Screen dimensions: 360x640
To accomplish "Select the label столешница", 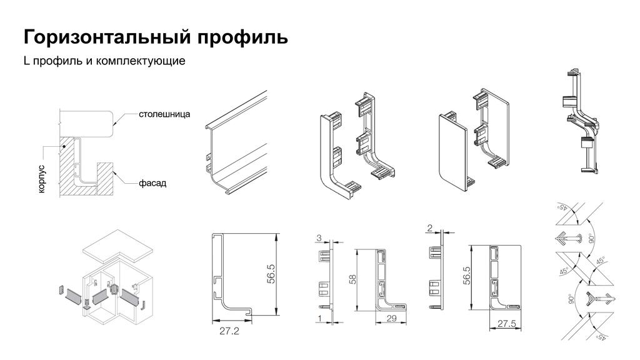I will coord(164,115).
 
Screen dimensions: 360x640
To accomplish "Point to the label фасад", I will coord(152,183).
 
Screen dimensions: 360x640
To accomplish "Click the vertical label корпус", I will coord(41,179).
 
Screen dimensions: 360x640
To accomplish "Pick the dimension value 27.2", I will coord(229,332).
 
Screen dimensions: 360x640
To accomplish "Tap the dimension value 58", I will coord(352,279).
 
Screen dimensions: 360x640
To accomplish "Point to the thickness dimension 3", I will coord(319,238).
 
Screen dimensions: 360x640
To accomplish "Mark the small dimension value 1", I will coord(319,319).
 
